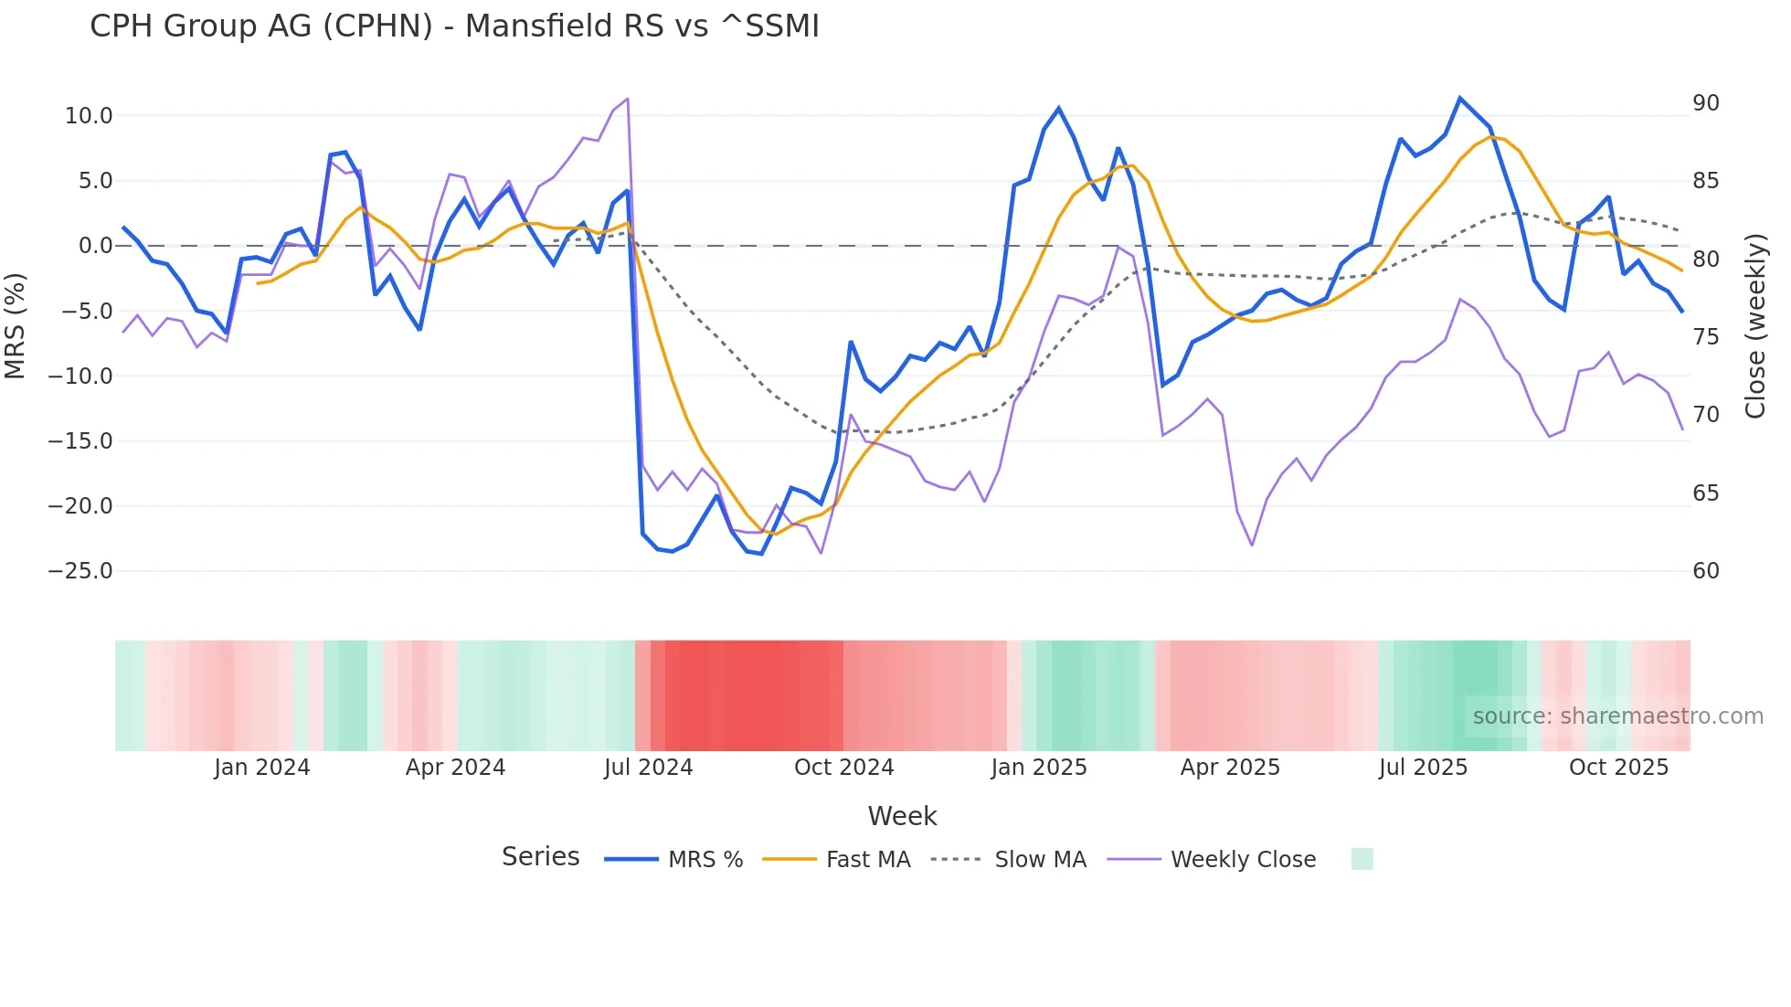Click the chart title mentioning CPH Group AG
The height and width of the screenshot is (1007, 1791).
[454, 26]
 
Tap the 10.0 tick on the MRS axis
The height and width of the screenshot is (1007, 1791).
[89, 116]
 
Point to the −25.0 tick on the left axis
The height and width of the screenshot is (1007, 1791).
[80, 571]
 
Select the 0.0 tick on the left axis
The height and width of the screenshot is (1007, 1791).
[95, 246]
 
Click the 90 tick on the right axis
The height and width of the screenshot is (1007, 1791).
[1705, 103]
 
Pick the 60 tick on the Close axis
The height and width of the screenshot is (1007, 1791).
[1705, 571]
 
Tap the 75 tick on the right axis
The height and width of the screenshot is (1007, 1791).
[1705, 337]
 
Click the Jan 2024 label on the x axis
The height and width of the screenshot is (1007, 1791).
[262, 768]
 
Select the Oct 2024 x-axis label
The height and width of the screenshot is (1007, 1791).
[843, 768]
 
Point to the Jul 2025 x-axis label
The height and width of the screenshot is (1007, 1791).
[1423, 768]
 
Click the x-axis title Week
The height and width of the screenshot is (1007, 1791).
[902, 816]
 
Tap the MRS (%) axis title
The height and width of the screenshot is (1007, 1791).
[15, 326]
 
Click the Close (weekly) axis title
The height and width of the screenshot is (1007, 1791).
[1754, 326]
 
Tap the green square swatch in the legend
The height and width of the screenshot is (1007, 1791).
[1362, 859]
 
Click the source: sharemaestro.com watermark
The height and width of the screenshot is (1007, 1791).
[1617, 716]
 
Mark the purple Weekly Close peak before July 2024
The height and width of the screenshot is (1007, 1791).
[627, 99]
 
